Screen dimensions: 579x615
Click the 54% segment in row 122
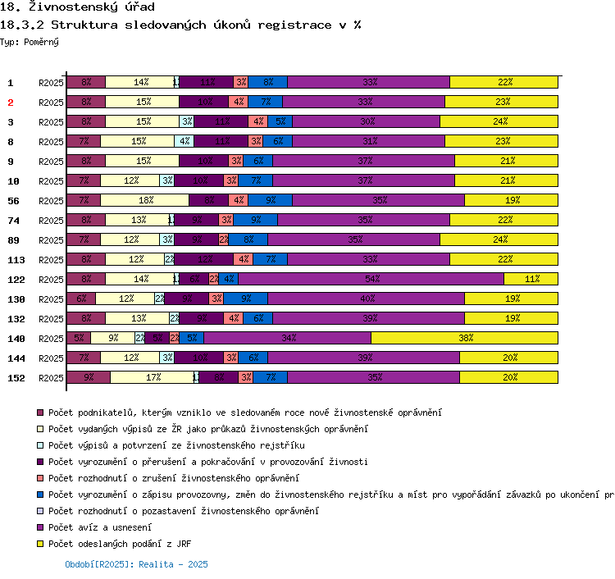[371, 279]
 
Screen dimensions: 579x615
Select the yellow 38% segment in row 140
[465, 338]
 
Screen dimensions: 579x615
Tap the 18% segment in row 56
[144, 200]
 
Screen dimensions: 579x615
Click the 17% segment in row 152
[152, 377]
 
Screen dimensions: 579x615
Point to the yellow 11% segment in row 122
[531, 279]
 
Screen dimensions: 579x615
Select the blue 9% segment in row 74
[257, 220]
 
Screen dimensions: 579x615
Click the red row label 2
[11, 103]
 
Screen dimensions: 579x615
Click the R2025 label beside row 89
[51, 240]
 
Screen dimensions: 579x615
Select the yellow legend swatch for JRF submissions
[39, 544]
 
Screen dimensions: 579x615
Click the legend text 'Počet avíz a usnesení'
[93, 527]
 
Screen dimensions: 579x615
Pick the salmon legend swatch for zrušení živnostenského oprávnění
[39, 478]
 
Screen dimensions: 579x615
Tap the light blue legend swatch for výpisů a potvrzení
[39, 445]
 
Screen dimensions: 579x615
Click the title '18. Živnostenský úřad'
[66, 7]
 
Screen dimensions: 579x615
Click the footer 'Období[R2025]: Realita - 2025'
[136, 564]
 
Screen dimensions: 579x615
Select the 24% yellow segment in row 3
[499, 121]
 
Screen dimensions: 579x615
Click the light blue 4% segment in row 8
[184, 141]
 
